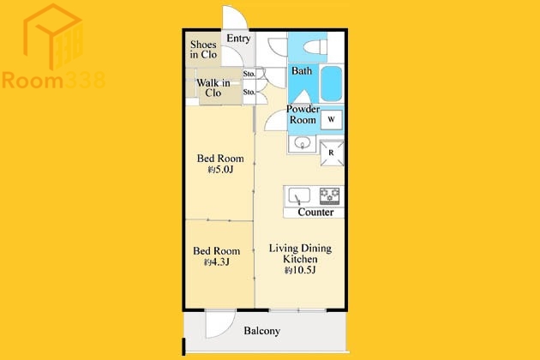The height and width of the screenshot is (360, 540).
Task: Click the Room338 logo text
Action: (x=53, y=81)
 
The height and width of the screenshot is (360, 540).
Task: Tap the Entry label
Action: (x=238, y=39)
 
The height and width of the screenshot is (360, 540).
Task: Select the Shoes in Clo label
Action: (x=203, y=49)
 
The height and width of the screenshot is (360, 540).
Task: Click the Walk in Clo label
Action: (x=213, y=87)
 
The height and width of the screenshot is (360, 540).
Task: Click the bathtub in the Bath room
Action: (x=332, y=84)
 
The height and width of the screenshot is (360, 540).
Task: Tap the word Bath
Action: (x=302, y=71)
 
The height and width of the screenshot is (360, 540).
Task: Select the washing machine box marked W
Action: (x=332, y=119)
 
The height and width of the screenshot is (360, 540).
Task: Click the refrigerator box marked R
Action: (x=332, y=153)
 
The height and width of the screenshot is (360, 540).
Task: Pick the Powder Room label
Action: (x=303, y=114)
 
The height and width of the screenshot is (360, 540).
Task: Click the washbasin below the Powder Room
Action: (x=303, y=142)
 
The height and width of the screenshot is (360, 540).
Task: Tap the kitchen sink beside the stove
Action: (x=299, y=195)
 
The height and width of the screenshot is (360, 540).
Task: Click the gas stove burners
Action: (x=330, y=195)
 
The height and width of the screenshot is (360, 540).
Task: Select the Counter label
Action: (x=315, y=213)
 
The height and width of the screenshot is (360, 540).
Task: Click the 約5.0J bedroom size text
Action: (x=220, y=170)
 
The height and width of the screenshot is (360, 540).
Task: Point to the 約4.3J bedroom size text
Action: (x=217, y=262)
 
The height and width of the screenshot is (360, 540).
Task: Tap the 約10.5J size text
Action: (x=300, y=270)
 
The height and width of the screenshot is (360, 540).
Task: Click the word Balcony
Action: (x=261, y=331)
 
